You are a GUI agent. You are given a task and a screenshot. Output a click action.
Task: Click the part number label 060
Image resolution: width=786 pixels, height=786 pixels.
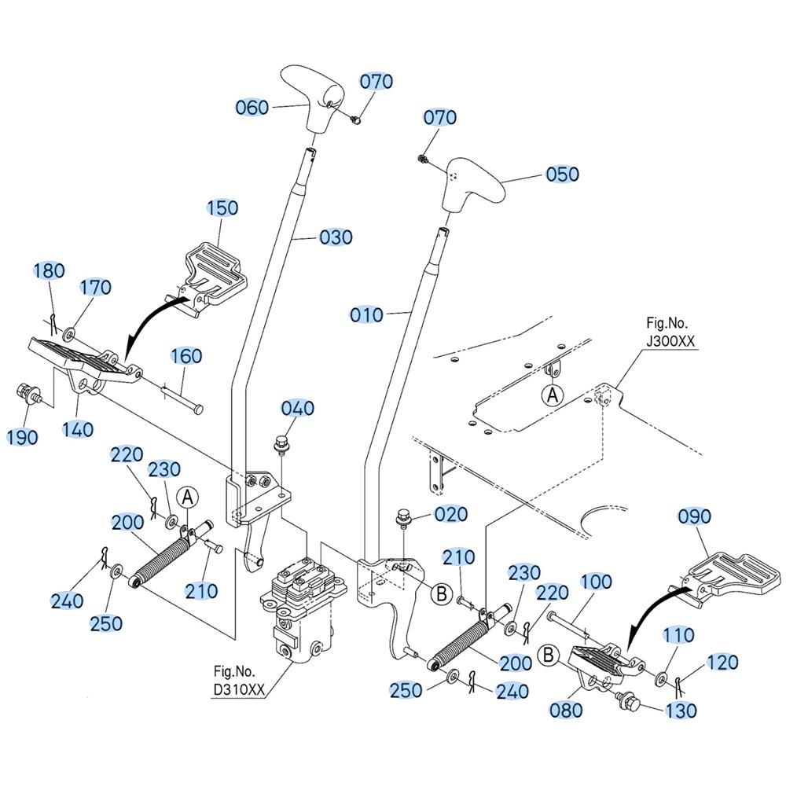(252, 107)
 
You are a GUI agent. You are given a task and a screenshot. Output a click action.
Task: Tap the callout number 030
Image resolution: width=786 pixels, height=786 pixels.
(336, 237)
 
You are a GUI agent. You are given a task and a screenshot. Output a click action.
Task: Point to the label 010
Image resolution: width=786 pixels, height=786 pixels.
(367, 315)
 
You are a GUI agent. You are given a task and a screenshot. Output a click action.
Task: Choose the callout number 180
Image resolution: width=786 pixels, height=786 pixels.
(50, 271)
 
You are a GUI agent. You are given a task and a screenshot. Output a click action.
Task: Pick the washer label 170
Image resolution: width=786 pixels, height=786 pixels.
(95, 287)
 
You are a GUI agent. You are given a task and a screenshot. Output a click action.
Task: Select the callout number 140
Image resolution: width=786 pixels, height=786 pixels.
(78, 429)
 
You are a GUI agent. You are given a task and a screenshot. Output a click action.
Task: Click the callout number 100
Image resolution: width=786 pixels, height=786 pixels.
(597, 582)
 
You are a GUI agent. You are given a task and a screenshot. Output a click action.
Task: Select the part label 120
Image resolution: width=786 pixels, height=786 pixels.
(723, 662)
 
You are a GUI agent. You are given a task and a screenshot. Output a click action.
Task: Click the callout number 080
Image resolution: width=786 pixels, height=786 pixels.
(566, 710)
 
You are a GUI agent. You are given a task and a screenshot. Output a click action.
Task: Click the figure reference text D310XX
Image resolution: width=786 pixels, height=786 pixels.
(240, 690)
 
